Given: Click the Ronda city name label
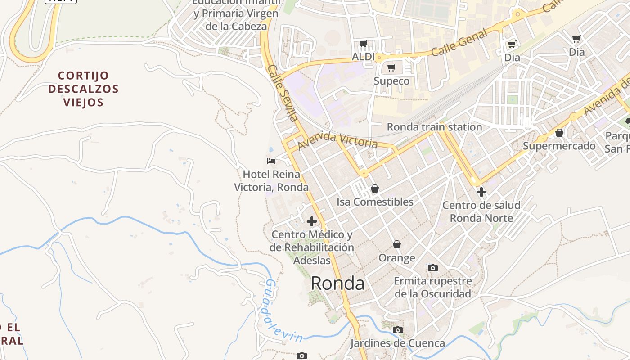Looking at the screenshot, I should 337,283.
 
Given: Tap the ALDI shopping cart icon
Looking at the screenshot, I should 364,44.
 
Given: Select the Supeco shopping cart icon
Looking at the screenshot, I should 391,68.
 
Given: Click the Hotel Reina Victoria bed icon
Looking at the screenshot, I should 271,161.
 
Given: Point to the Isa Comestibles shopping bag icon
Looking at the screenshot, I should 375,189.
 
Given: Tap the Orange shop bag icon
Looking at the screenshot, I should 397,244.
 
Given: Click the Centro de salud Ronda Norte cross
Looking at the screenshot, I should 481,192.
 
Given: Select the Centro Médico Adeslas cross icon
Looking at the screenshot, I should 312,221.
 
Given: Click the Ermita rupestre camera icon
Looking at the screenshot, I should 432,268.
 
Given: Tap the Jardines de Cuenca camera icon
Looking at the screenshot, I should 397,330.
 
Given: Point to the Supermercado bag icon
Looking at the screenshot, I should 559,133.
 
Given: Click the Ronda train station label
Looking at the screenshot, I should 434,127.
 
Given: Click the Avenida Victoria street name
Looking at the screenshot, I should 337,140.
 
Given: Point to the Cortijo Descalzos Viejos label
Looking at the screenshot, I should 83,89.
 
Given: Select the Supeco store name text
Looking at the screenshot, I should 391,81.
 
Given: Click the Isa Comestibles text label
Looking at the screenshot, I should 375,202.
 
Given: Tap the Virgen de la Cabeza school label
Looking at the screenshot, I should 236,13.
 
